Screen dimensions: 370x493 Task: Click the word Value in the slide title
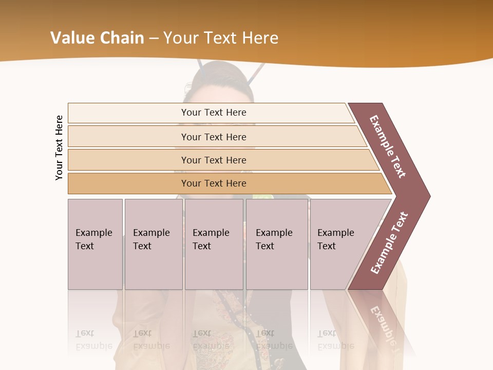point(70,38)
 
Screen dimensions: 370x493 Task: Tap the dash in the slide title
point(154,39)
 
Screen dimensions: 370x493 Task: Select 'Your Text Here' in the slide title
point(221,38)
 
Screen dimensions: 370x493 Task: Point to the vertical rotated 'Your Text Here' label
point(59,147)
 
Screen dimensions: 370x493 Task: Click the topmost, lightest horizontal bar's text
point(214,113)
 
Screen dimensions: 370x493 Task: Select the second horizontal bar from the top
point(214,137)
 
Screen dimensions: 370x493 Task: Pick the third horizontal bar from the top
point(214,160)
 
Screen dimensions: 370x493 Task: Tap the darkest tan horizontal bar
point(214,183)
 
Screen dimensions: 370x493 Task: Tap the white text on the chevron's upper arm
point(388,146)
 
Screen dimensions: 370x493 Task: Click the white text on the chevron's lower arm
point(389,243)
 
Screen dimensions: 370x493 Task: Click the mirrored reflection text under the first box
point(93,340)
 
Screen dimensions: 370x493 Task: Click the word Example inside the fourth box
point(274,233)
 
